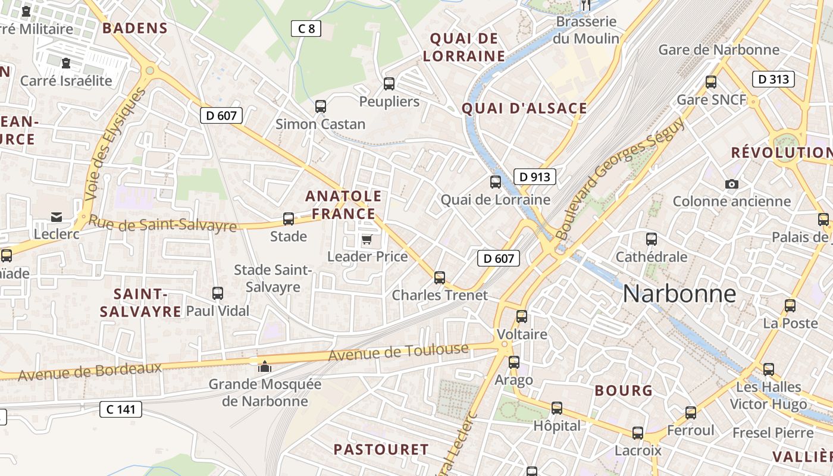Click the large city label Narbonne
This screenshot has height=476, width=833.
(679, 294)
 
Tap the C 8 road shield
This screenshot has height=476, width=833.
(306, 28)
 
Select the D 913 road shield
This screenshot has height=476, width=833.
(534, 177)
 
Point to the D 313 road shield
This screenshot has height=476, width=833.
(773, 79)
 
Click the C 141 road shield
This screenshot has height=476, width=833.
(120, 409)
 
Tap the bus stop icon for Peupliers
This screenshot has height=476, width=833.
(389, 84)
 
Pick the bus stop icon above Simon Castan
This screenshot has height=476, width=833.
(320, 107)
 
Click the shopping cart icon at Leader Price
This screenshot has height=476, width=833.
(367, 240)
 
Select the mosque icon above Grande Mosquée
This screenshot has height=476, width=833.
(265, 366)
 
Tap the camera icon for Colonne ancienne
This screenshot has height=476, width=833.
(732, 184)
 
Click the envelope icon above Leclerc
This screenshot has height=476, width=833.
(57, 217)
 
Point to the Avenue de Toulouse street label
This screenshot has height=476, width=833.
(398, 353)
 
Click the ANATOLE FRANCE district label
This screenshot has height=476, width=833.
(343, 205)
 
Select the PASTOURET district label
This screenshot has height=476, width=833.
(381, 449)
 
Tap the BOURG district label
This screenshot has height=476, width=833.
(624, 391)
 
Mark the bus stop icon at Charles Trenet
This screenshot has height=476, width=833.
(440, 277)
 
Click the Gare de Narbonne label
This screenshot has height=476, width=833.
(718, 50)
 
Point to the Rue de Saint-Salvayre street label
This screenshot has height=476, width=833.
(162, 224)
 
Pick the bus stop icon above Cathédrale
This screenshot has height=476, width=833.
(652, 239)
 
